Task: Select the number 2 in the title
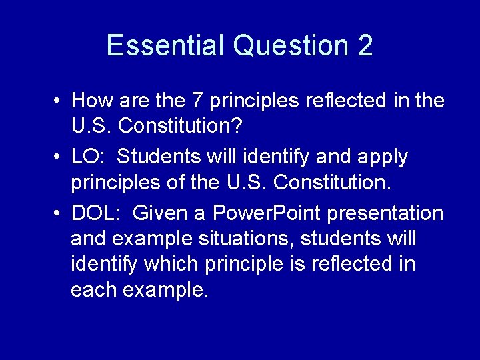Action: coord(365,46)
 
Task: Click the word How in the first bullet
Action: coord(91,101)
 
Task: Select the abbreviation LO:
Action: coord(89,157)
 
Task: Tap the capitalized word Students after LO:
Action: coord(159,157)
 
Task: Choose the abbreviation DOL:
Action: coord(96,213)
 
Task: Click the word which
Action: coord(168,264)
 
